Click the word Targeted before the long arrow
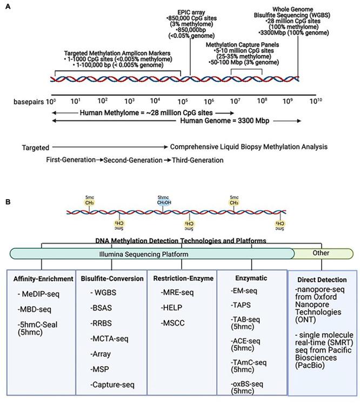[x=36, y=147]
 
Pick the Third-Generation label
[x=196, y=160]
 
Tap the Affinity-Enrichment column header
[x=43, y=279]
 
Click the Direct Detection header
[x=323, y=281]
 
